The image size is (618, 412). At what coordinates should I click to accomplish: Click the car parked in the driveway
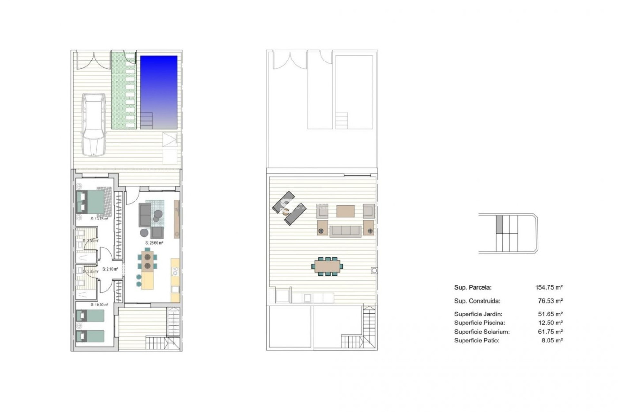(x=93, y=125)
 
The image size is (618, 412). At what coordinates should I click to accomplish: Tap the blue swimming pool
(x=159, y=87)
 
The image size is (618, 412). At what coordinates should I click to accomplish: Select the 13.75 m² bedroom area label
(x=99, y=219)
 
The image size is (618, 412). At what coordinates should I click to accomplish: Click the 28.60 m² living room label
(x=154, y=243)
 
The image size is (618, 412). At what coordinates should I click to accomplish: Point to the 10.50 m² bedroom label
(x=99, y=305)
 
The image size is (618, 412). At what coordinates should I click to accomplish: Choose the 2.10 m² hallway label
(x=110, y=269)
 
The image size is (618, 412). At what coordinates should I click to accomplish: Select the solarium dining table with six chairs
(x=327, y=266)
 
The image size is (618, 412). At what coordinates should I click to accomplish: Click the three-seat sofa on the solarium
(x=346, y=231)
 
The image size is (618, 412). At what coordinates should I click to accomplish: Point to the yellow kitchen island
(x=148, y=281)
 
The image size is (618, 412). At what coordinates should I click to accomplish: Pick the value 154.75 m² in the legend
(x=549, y=287)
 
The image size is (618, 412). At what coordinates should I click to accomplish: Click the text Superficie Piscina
(x=480, y=323)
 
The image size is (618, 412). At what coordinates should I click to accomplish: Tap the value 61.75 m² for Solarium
(x=552, y=332)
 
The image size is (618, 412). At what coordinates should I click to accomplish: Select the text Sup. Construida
(x=477, y=301)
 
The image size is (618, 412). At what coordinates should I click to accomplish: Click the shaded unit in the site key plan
(x=499, y=224)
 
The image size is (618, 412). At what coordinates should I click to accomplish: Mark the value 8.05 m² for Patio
(x=552, y=341)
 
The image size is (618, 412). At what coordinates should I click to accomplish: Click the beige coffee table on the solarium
(x=345, y=211)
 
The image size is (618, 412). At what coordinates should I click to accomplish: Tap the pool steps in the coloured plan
(x=146, y=120)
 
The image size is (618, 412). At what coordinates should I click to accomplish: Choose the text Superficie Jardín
(x=478, y=314)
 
